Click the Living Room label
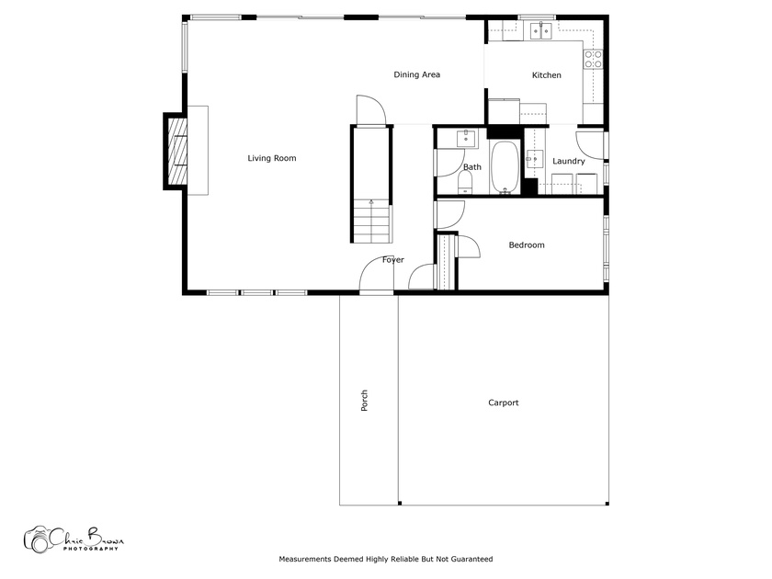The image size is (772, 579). (272, 158)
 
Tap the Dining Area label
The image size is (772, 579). (416, 74)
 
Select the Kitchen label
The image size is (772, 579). (547, 74)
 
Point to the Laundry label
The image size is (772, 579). (569, 161)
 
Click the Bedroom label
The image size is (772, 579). (527, 244)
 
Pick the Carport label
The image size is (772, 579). (504, 403)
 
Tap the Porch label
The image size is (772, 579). (364, 401)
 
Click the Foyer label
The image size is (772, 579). (393, 259)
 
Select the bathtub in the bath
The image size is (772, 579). (505, 167)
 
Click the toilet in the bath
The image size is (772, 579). (465, 183)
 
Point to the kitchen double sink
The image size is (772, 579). (541, 30)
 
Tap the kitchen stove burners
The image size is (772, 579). (593, 59)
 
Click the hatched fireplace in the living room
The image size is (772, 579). (177, 151)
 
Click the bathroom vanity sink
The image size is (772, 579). (466, 139)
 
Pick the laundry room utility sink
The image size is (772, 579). (534, 159)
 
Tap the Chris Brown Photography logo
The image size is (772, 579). (74, 539)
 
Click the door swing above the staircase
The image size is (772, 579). (371, 109)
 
